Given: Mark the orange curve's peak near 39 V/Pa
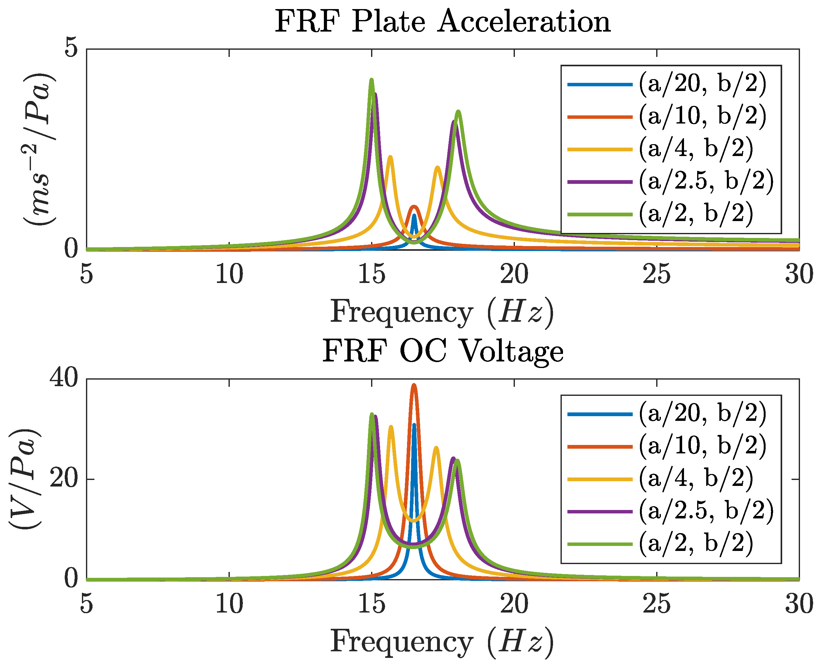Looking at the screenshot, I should [414, 385].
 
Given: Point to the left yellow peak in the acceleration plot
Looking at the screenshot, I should [390, 157].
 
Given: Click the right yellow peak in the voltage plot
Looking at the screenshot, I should [436, 448].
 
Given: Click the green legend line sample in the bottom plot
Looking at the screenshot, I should [600, 544].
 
